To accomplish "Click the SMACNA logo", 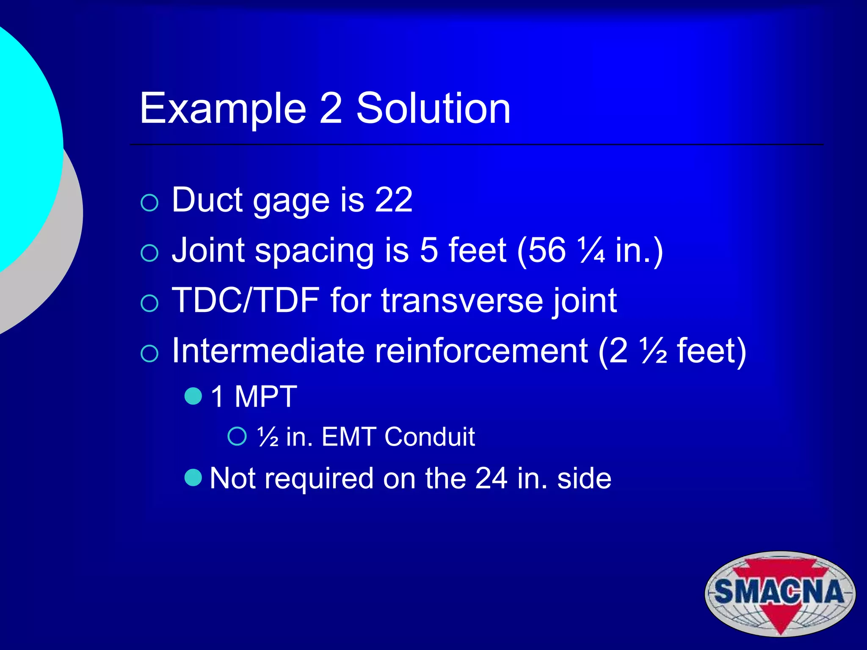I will (780, 593).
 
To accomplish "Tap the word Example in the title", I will (223, 109).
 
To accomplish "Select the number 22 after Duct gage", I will (393, 200).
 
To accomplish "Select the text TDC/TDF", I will (246, 300).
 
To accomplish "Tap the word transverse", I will (462, 300).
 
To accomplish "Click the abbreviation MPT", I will (266, 397).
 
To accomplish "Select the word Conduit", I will (430, 437).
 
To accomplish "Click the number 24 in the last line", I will (491, 479).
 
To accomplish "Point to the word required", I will (319, 479).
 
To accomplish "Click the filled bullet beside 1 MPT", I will (193, 396).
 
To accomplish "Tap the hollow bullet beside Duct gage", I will (149, 203).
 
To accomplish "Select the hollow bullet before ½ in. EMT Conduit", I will (237, 436).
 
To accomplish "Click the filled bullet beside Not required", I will (193, 478).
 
